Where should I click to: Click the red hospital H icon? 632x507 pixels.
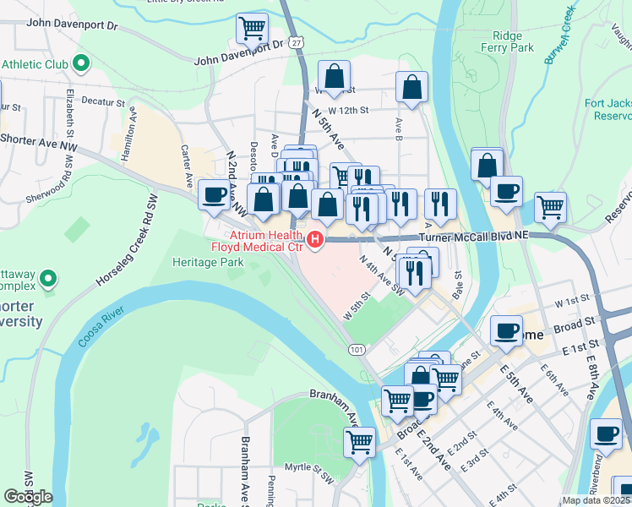pos(316,240)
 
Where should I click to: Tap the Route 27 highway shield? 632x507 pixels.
pos(295,41)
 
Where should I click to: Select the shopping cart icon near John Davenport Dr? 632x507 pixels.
pos(252,29)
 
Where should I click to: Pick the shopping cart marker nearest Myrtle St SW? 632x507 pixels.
pos(360,441)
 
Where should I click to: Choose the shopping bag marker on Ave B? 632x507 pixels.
pos(411,87)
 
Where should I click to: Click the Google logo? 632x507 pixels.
pos(28,497)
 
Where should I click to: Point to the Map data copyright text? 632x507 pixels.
pos(597,500)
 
